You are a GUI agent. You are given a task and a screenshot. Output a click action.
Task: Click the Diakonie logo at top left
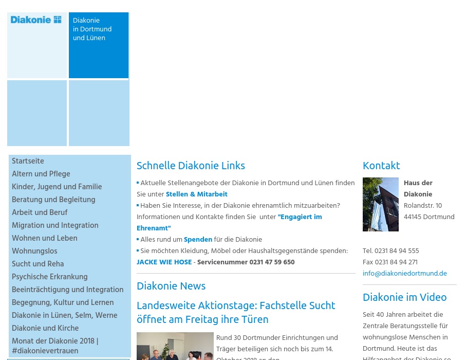pos(36,20)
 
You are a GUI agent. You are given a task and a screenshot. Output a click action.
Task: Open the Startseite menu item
pos(28,161)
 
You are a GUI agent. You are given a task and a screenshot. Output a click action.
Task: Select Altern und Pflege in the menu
pos(41,174)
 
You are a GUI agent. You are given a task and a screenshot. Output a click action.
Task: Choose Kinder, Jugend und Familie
pos(57,187)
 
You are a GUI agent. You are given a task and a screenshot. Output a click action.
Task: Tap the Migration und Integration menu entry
pos(55,226)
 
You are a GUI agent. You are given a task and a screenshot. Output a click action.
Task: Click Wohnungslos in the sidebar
pos(34,251)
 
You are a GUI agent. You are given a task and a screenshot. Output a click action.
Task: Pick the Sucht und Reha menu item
pos(38,264)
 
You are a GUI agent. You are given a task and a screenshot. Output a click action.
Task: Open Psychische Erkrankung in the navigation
pos(49,277)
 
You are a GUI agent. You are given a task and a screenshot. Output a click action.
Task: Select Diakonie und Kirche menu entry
pos(45,329)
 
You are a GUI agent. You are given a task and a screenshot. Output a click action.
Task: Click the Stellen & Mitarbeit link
pos(196,194)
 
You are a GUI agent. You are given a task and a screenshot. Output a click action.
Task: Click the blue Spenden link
pos(198,240)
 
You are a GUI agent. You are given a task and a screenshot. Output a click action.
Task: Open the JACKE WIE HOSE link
pos(164,262)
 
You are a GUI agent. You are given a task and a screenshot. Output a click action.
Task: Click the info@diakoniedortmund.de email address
pos(404,274)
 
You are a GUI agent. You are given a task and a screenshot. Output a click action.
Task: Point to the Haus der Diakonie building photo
pos(380,204)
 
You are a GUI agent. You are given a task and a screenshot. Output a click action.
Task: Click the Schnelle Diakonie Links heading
pos(191,166)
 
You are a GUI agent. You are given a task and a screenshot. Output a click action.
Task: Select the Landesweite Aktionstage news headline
pos(236,312)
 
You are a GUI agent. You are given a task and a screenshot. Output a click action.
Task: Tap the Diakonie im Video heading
pos(404,297)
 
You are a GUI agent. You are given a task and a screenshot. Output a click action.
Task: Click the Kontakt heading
pos(381,166)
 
